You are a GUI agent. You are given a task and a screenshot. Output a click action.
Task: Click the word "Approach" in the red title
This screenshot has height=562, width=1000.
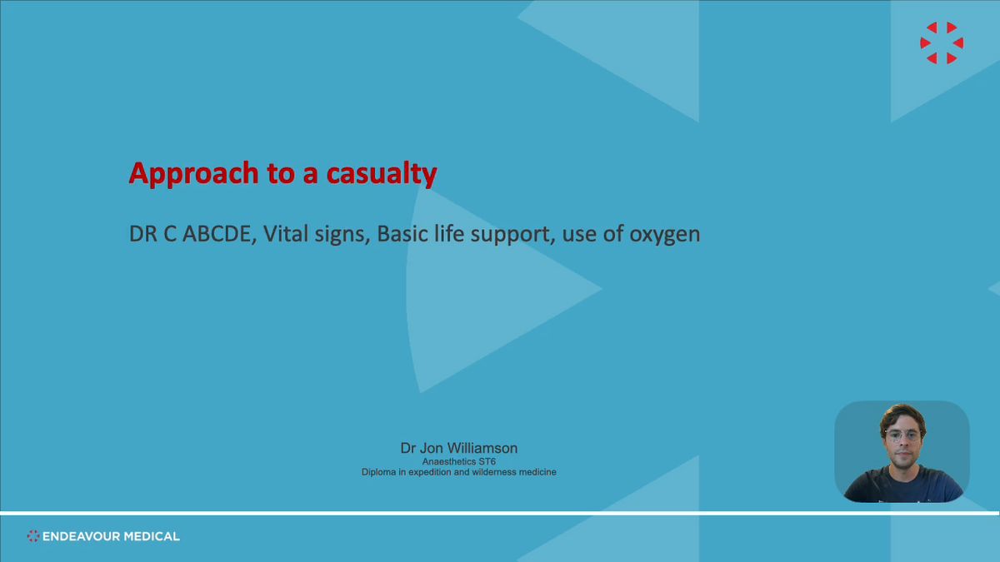click(193, 173)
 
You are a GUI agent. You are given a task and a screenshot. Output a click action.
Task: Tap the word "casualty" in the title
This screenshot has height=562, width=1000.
click(382, 173)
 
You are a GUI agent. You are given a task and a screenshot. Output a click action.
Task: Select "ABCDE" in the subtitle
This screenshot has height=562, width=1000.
click(217, 234)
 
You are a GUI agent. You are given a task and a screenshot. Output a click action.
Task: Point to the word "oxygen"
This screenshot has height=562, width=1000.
click(665, 236)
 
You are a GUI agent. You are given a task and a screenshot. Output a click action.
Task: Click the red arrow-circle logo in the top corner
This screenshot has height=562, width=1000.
click(942, 42)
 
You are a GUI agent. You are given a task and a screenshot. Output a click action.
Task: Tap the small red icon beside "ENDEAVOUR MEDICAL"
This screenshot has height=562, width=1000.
click(33, 536)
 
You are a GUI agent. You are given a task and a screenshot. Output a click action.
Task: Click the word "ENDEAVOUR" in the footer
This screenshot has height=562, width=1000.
click(81, 536)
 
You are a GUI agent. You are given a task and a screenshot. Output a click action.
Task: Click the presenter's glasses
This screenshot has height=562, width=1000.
click(902, 435)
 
